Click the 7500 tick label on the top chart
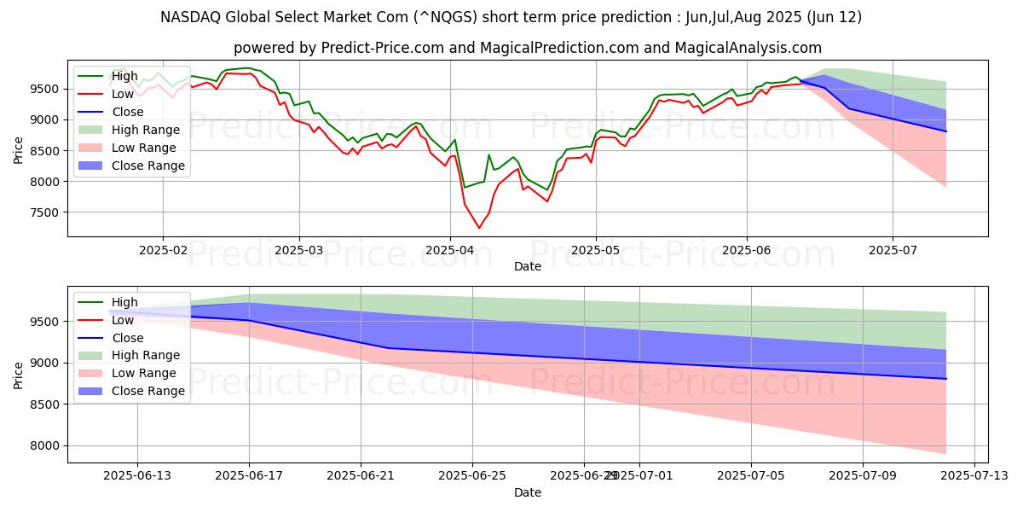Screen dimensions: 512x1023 point(45,212)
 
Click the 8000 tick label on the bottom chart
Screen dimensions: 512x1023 point(45,445)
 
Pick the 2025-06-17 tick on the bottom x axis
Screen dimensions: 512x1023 point(249,476)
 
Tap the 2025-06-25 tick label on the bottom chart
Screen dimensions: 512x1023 point(471,476)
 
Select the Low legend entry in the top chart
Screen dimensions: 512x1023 point(124,94)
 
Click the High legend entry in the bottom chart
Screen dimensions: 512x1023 point(124,302)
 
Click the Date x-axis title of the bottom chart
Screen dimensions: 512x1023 point(528,492)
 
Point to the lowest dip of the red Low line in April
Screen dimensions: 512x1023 point(478,228)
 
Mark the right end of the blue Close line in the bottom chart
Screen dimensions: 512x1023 point(946,379)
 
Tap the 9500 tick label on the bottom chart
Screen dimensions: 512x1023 point(45,322)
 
